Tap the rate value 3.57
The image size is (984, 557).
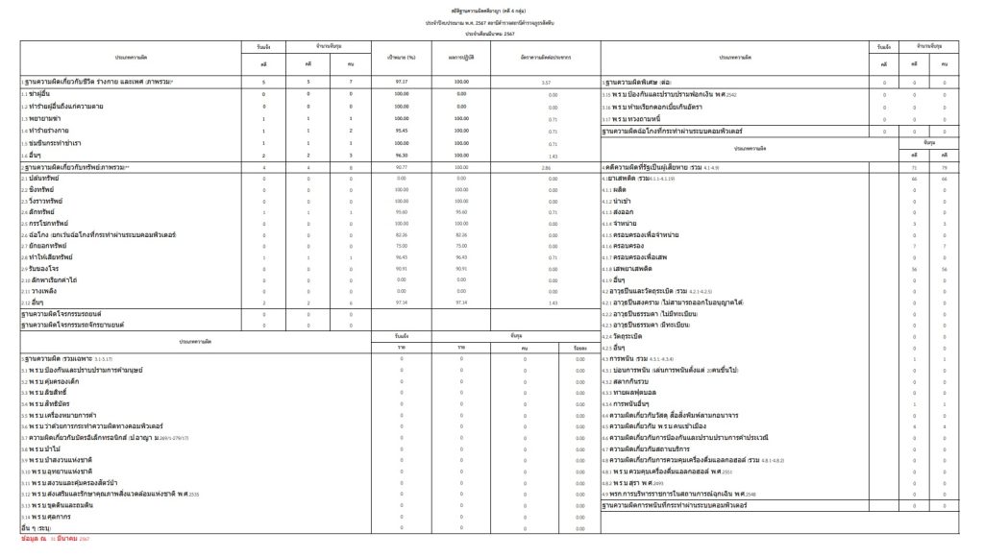tap(546, 84)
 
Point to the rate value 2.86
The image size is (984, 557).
tap(546, 168)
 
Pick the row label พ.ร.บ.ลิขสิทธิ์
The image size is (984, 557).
tap(51, 393)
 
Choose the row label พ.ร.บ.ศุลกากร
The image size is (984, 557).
tap(51, 516)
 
